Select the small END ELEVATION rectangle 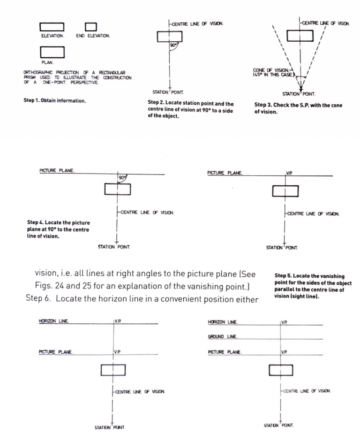click(x=90, y=28)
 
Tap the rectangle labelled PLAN click(x=52, y=52)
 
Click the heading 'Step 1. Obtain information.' click(x=54, y=100)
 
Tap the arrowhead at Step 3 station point click(x=300, y=88)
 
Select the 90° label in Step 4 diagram click(x=123, y=178)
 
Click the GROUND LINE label click(x=223, y=336)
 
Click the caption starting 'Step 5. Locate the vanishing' click(x=313, y=286)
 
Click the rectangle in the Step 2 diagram click(x=169, y=37)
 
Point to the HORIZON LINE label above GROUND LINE click(x=223, y=322)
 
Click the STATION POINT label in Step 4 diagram click(x=114, y=247)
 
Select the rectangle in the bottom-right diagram click(x=281, y=370)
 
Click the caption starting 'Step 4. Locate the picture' click(x=58, y=229)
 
